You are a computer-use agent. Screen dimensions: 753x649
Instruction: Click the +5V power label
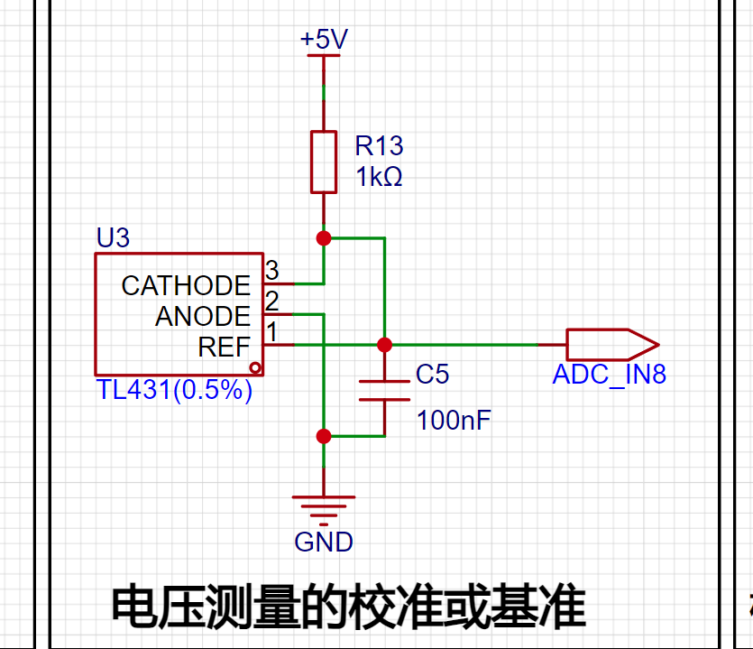pyautogui.click(x=324, y=40)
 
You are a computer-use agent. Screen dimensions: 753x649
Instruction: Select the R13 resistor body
pyautogui.click(x=324, y=162)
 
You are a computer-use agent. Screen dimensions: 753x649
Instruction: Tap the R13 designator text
pyautogui.click(x=379, y=145)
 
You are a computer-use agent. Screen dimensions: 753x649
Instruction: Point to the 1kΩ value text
pyautogui.click(x=379, y=176)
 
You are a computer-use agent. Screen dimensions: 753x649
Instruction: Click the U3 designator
pyautogui.click(x=113, y=237)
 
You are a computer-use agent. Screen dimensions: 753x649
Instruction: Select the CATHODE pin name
pyautogui.click(x=186, y=285)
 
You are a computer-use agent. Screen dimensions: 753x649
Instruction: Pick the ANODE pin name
pyautogui.click(x=203, y=316)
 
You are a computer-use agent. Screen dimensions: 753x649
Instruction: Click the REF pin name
pyautogui.click(x=225, y=347)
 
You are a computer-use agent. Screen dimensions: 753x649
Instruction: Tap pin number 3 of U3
pyautogui.click(x=271, y=270)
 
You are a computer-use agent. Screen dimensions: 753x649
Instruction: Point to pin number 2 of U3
pyautogui.click(x=271, y=301)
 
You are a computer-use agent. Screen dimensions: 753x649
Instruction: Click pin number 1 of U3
pyautogui.click(x=271, y=331)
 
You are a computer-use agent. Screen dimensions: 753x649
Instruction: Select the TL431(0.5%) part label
pyautogui.click(x=174, y=390)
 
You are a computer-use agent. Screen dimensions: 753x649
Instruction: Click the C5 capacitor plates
pyautogui.click(x=385, y=390)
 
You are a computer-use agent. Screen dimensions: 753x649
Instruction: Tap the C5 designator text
pyautogui.click(x=432, y=374)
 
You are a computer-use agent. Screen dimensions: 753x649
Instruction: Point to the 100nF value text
pyautogui.click(x=454, y=420)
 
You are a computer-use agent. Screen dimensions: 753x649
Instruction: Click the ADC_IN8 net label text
pyautogui.click(x=610, y=375)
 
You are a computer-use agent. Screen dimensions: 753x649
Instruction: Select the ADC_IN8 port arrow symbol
pyautogui.click(x=613, y=345)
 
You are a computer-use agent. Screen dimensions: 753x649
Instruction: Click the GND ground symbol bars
pyautogui.click(x=324, y=511)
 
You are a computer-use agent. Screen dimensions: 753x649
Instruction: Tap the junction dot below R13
pyautogui.click(x=324, y=238)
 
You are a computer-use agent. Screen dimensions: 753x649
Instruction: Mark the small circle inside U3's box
pyautogui.click(x=255, y=368)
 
